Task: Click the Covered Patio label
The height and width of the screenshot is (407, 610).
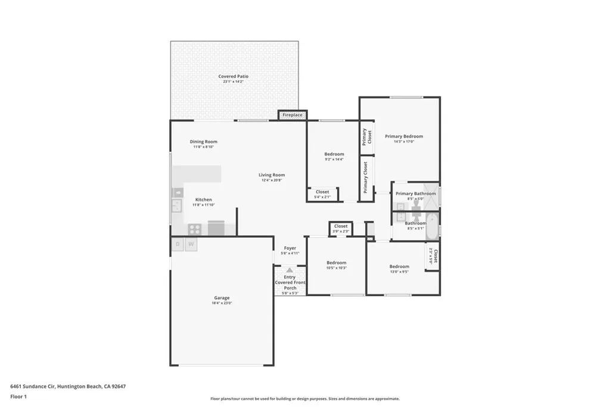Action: point(233,76)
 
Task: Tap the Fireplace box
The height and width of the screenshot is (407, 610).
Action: point(292,114)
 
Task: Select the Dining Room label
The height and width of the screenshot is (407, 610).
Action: point(204,142)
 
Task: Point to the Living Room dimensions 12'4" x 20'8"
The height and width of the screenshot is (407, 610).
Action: point(271,181)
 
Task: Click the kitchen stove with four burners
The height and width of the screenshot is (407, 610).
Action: point(195,228)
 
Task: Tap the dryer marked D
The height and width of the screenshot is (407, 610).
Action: point(178,244)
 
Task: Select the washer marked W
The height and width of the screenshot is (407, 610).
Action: point(191,244)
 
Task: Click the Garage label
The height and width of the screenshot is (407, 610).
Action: point(222,298)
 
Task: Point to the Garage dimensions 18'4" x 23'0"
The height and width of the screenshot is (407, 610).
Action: point(222,303)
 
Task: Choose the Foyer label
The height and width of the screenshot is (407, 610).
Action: point(290,248)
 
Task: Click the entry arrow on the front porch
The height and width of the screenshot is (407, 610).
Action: point(290,270)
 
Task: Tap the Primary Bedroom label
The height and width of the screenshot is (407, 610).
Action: point(403,136)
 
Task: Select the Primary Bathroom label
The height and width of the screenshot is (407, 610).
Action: point(415,194)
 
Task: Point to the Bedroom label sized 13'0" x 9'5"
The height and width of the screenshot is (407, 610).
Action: point(399,266)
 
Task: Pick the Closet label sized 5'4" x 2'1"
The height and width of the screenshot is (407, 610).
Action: point(322,192)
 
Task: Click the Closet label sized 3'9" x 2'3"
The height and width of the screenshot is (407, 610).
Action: point(341,226)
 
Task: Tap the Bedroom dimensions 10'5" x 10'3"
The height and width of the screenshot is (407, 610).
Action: point(336,268)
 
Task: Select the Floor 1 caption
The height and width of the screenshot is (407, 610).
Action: point(19,396)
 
